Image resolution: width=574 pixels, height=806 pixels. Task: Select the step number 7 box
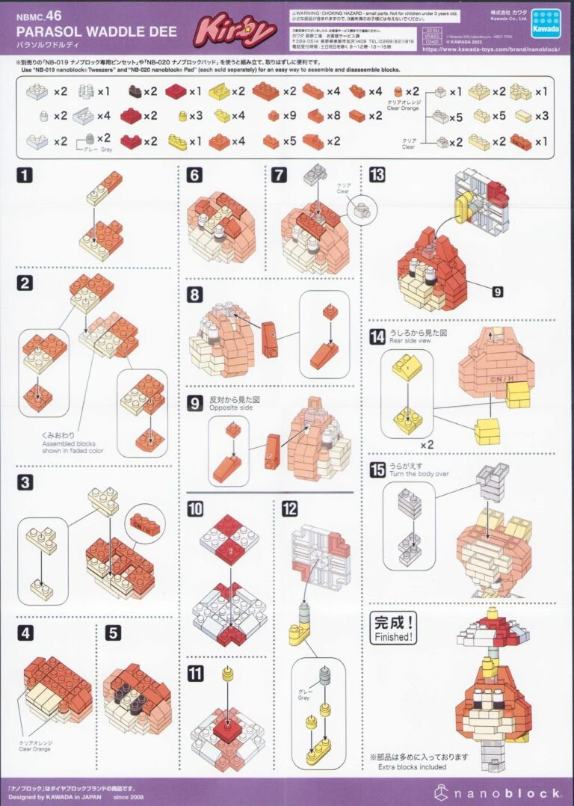click(x=280, y=176)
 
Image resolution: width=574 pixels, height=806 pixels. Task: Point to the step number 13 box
click(x=377, y=175)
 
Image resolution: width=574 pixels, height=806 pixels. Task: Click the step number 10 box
click(x=196, y=509)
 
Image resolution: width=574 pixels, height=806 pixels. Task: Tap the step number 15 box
click(x=377, y=470)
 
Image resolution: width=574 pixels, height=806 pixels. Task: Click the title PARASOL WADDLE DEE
click(x=96, y=32)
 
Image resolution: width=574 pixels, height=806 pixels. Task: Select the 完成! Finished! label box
click(x=392, y=628)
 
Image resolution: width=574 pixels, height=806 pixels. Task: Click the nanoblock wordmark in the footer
click(x=496, y=792)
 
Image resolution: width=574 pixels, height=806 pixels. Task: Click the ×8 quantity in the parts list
click(x=333, y=116)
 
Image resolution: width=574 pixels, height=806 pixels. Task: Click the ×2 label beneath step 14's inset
click(x=427, y=445)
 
